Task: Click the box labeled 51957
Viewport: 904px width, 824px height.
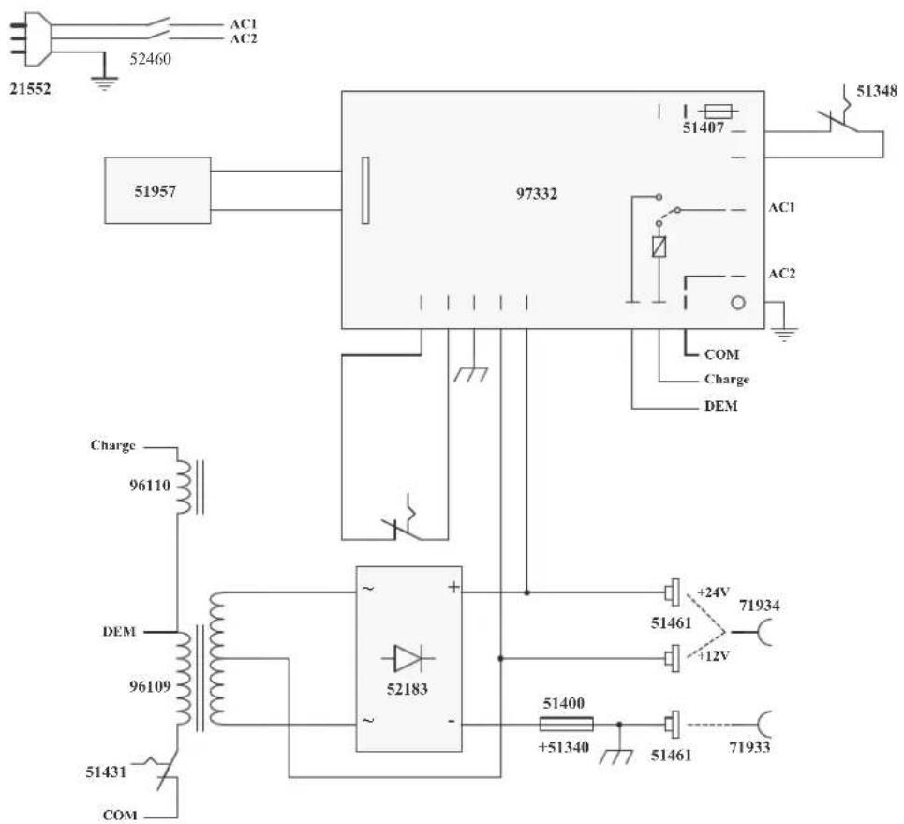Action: pyautogui.click(x=157, y=190)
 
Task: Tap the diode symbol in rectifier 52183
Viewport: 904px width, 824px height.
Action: pyautogui.click(x=408, y=658)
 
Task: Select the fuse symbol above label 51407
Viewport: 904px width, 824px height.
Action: pyautogui.click(x=719, y=112)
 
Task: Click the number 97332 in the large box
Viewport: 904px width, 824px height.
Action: pyautogui.click(x=537, y=194)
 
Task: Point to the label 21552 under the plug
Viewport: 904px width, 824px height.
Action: pyautogui.click(x=30, y=89)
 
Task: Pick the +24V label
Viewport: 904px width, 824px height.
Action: pyautogui.click(x=714, y=592)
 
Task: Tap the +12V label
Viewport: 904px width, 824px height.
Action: pyautogui.click(x=714, y=656)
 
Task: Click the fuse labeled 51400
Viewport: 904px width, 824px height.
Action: pyautogui.click(x=566, y=725)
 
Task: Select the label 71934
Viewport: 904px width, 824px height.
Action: pyautogui.click(x=760, y=606)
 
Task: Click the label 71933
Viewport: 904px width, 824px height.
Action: pyautogui.click(x=749, y=747)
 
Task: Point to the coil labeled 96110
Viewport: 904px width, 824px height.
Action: pyautogui.click(x=184, y=486)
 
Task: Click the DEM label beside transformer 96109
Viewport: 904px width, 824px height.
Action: pyautogui.click(x=119, y=632)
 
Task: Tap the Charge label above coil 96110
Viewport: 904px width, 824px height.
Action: pyautogui.click(x=112, y=445)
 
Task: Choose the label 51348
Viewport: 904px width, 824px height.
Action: pyautogui.click(x=877, y=91)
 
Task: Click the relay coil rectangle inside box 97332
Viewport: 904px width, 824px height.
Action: pyautogui.click(x=659, y=247)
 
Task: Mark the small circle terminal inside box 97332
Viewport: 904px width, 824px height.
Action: pyautogui.click(x=738, y=303)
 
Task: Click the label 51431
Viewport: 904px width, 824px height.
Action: pyautogui.click(x=106, y=772)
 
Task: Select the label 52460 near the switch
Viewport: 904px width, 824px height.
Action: pyautogui.click(x=150, y=59)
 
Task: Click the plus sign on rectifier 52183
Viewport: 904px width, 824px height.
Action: pyautogui.click(x=453, y=588)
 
